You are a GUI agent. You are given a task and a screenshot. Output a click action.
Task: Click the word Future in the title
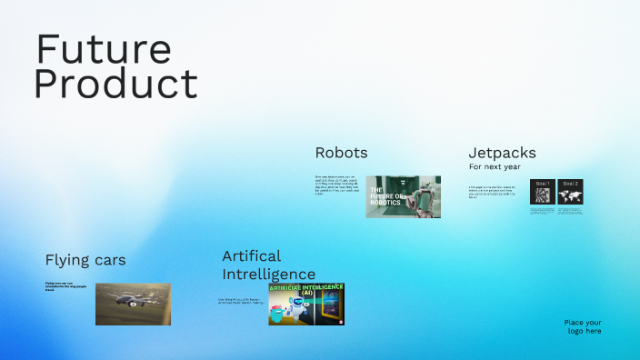[x=103, y=49]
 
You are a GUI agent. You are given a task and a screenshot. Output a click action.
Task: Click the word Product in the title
[x=115, y=85]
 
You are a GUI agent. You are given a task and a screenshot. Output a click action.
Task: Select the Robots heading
[x=341, y=153]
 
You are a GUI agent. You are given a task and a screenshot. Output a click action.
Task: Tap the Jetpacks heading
[x=502, y=153]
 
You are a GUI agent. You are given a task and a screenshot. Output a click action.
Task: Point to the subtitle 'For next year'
[x=495, y=167]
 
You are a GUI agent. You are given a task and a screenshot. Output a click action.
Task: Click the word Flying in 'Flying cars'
[x=65, y=260]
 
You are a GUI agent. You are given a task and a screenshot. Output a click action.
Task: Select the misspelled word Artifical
[x=252, y=255]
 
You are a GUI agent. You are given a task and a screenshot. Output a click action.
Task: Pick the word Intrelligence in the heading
[x=269, y=274]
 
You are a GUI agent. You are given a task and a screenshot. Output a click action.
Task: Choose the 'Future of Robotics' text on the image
[x=385, y=196]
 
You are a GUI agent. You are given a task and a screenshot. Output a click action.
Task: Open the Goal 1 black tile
[x=542, y=192]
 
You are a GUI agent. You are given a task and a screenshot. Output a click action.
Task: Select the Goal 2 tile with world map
[x=570, y=192]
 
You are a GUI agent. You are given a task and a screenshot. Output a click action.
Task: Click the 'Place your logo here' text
[x=582, y=327]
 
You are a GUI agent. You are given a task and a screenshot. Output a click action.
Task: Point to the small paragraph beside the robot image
[x=338, y=185]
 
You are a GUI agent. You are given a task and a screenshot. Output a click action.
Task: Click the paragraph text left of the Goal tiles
[x=496, y=192]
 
